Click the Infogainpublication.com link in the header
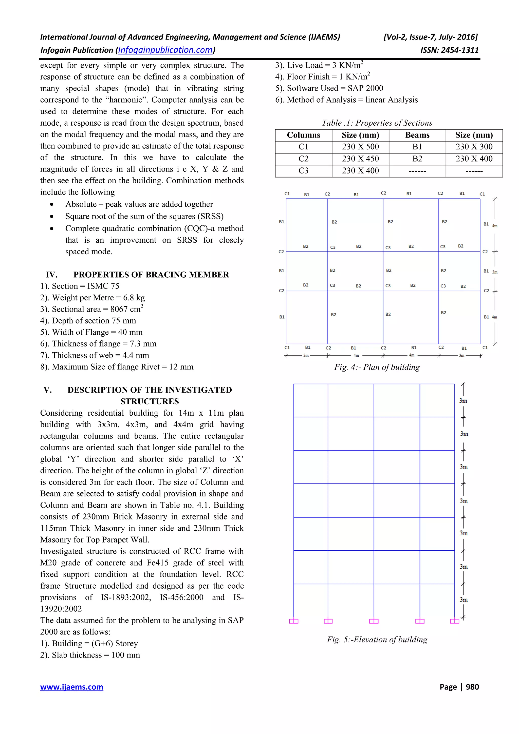[165, 50]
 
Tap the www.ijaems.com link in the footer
[72, 687]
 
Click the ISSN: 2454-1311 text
[449, 50]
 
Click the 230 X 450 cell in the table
[360, 159]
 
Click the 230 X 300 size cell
[474, 147]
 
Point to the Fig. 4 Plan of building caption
[377, 367]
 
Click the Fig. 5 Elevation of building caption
[377, 639]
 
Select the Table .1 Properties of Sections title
[377, 123]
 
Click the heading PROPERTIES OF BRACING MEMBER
[151, 275]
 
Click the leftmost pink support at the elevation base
[293, 621]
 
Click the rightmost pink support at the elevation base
[454, 621]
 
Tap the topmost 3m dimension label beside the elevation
[463, 401]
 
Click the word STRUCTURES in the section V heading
[150, 401]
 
